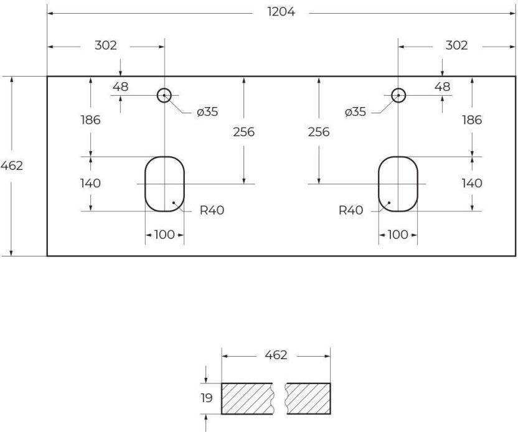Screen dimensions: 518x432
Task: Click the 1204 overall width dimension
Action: coord(281,12)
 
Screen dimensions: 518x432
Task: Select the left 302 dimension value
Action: coord(105,45)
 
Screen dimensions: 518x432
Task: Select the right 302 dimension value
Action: coord(456,45)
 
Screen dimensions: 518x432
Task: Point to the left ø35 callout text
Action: coord(207,112)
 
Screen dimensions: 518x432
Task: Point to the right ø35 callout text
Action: coord(355,112)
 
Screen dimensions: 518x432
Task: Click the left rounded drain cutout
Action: coord(145,184)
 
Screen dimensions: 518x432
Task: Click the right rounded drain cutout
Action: coord(379,184)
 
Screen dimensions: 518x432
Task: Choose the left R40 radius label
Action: coord(212,210)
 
